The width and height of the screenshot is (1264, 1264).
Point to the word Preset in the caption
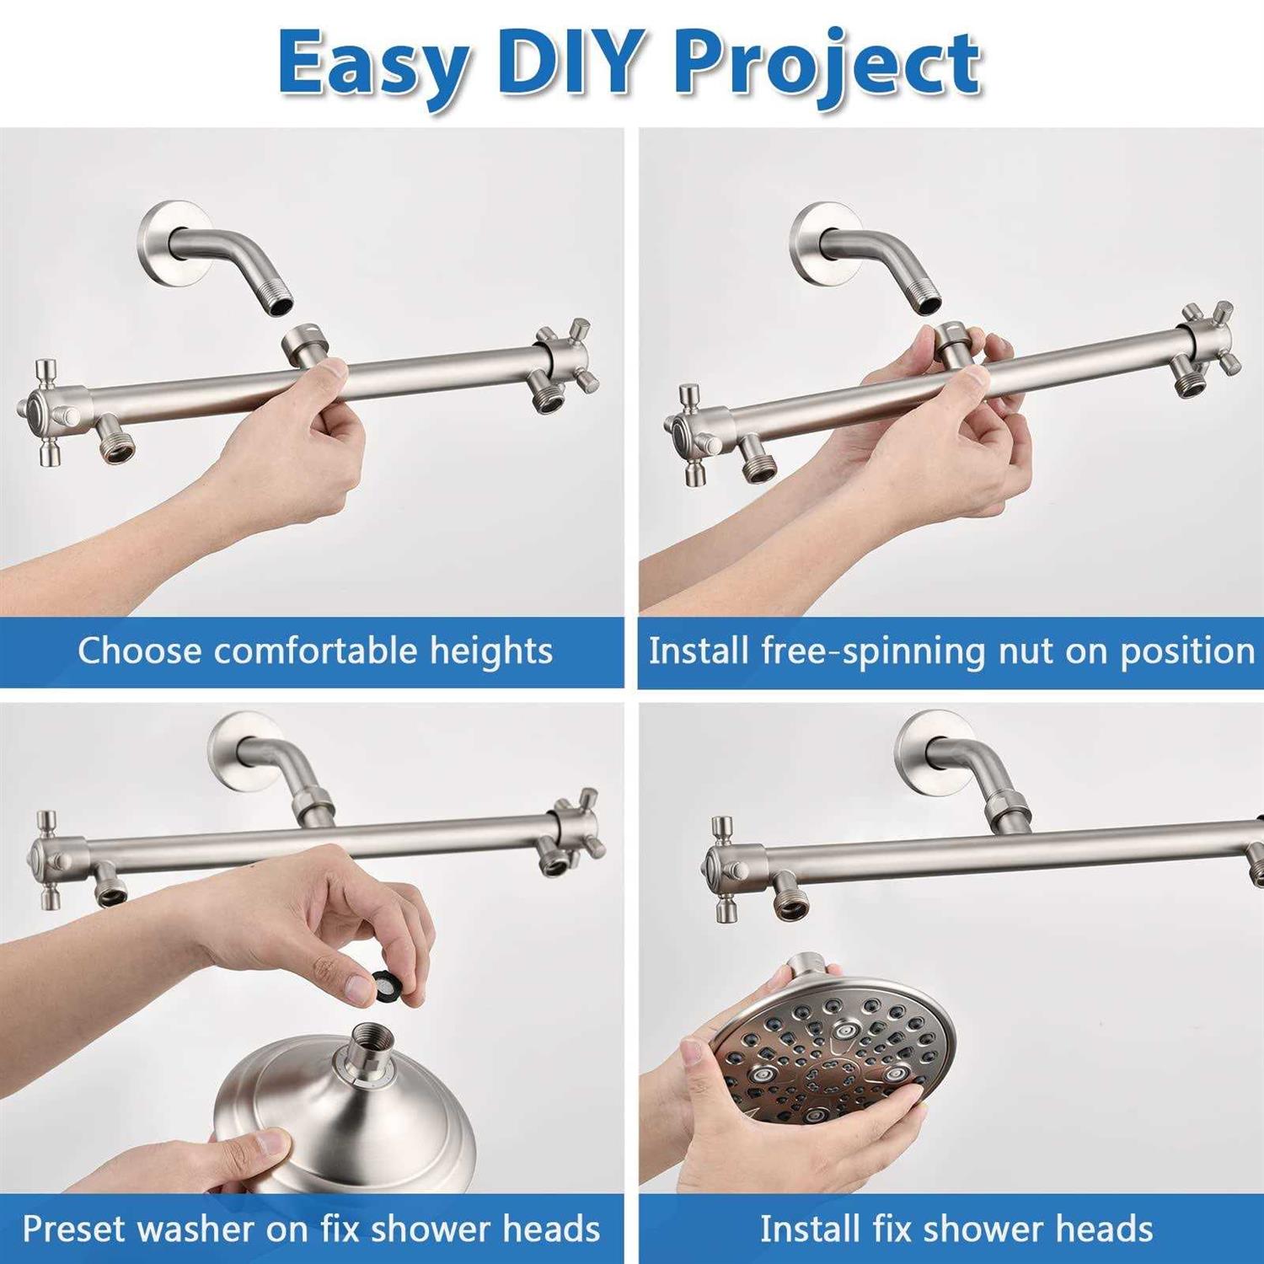click(74, 1229)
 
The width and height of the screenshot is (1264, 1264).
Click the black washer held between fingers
click(387, 983)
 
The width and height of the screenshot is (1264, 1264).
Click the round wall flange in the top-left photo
click(173, 241)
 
